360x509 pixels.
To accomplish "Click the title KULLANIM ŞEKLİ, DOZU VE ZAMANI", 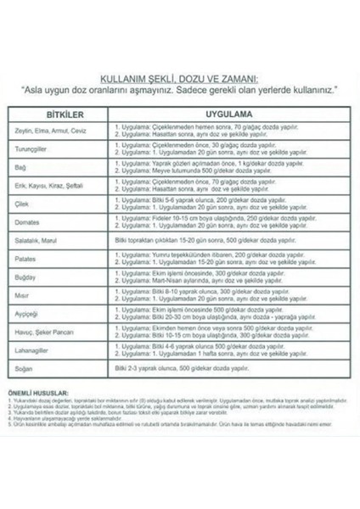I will (x=179, y=75).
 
